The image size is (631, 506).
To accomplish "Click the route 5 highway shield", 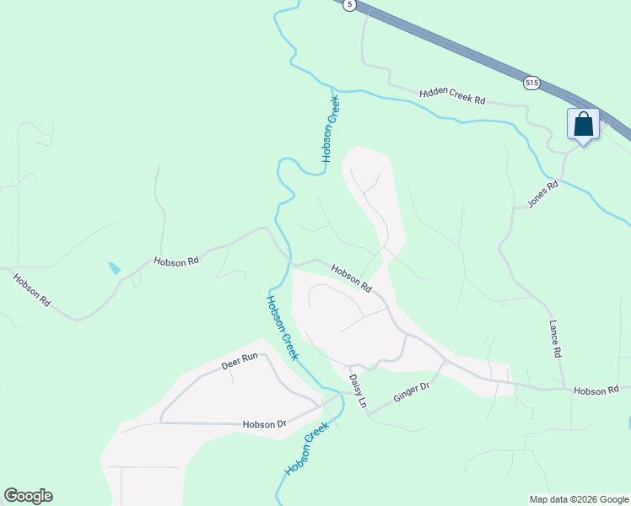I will [350, 4].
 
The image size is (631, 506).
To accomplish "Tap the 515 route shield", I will [531, 83].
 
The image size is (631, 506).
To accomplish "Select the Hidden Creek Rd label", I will [452, 95].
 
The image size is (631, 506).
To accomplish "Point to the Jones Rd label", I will [543, 195].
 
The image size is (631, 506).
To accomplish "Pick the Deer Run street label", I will [239, 363].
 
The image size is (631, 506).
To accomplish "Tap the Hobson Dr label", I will [264, 424].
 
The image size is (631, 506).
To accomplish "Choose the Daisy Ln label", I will [359, 392].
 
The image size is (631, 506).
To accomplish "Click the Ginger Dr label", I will [413, 392].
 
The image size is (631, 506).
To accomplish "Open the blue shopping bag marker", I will [583, 125].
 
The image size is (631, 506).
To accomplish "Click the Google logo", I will [28, 496].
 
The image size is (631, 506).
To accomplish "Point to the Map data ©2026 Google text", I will [578, 499].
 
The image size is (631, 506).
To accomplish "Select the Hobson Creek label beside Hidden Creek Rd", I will [330, 128].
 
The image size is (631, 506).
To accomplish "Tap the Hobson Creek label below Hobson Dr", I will [305, 449].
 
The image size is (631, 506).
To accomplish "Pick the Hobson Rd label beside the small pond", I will [175, 261].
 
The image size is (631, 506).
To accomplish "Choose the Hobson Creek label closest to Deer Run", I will [282, 327].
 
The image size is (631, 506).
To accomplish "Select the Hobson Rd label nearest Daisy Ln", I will [351, 278].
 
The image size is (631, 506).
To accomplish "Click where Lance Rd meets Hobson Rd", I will [563, 388].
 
